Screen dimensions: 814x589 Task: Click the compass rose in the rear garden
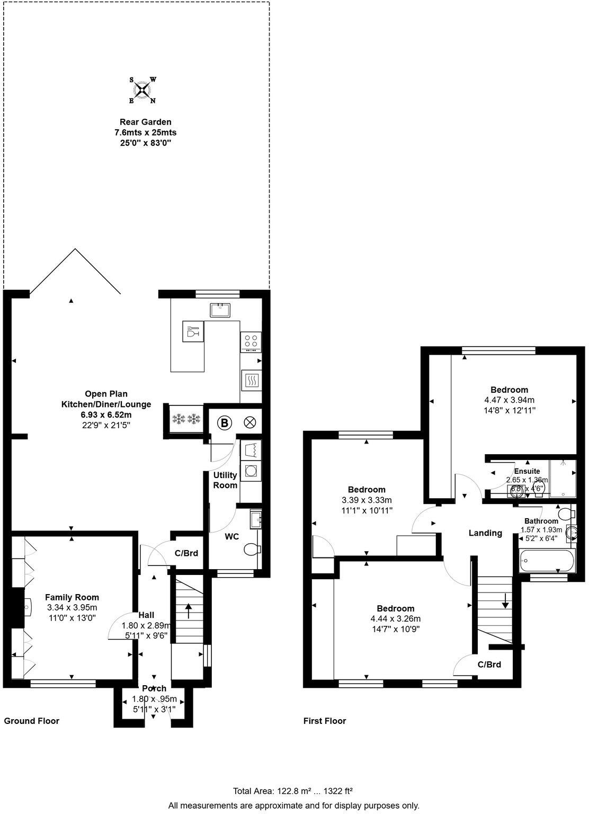click(142, 90)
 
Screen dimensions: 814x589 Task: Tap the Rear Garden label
click(145, 122)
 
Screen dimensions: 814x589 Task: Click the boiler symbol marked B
click(225, 423)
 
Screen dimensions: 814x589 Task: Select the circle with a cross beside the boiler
click(250, 423)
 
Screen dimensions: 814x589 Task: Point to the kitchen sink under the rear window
click(218, 309)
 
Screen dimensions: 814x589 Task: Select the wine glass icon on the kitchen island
click(192, 332)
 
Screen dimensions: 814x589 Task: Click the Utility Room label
click(225, 480)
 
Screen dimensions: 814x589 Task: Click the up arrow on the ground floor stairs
click(188, 607)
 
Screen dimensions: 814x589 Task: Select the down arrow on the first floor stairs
click(505, 601)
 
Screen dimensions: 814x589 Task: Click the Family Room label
click(72, 597)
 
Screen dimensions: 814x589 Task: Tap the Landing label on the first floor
click(485, 533)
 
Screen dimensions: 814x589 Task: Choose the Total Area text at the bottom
click(292, 791)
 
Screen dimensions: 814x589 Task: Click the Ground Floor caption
click(32, 721)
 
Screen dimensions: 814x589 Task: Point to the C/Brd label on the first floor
click(489, 665)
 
